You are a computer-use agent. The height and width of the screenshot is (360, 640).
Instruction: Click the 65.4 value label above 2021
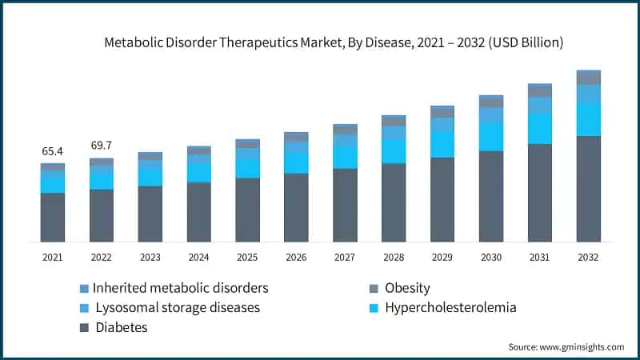(53, 151)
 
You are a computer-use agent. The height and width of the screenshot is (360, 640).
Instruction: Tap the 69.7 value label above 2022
(102, 146)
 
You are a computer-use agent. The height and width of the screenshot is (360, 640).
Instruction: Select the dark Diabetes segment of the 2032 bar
(589, 189)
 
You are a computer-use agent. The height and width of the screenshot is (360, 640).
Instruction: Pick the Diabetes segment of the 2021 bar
(53, 217)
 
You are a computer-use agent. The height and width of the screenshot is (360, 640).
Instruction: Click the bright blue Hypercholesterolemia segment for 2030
(491, 137)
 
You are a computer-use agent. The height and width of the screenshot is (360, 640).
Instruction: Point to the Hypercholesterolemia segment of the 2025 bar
(247, 166)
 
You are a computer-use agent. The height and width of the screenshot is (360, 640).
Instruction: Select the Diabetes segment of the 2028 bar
(394, 202)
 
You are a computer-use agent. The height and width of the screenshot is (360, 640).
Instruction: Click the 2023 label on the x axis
(150, 258)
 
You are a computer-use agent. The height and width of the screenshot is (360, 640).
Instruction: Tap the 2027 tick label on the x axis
(345, 258)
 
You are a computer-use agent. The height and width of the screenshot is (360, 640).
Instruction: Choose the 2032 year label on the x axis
(589, 258)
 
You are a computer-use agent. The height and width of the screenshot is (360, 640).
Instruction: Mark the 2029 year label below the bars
(442, 258)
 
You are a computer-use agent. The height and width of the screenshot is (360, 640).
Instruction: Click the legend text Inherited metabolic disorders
(180, 288)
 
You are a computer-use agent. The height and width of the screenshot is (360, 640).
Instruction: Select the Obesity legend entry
(407, 288)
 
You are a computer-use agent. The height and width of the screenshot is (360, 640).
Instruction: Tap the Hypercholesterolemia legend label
(450, 307)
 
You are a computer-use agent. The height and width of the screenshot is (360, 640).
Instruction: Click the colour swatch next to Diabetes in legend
(84, 327)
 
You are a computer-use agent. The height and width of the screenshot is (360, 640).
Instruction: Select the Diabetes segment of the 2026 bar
(296, 207)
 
